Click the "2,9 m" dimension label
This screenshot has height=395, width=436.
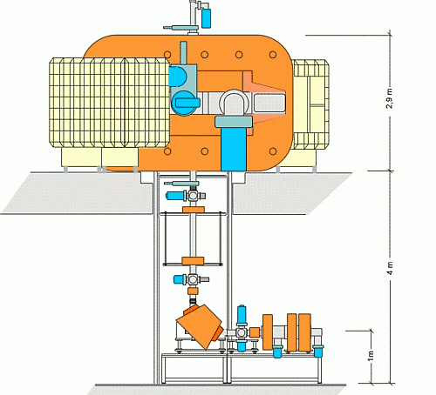point(390,98)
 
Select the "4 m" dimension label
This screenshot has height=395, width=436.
point(390,268)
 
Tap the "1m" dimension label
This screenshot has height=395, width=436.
point(371,356)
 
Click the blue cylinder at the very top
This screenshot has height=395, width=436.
point(206,18)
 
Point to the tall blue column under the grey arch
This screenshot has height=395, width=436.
point(234,149)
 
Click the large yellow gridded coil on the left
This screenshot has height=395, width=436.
point(109,103)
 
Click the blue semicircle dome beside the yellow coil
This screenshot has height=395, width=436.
point(178,77)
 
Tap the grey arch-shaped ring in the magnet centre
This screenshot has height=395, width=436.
point(234,102)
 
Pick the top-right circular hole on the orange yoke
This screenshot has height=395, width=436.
point(273,55)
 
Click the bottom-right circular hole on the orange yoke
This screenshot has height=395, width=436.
point(273,151)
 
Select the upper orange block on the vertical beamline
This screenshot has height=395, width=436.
point(194,210)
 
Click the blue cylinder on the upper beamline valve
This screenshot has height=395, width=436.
point(174,196)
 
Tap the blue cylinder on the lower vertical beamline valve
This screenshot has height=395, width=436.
point(180,279)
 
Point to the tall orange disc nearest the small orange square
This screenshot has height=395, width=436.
point(268,331)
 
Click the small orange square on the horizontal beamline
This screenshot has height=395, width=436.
point(255,332)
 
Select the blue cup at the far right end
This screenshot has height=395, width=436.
point(318,351)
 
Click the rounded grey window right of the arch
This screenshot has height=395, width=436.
point(269,103)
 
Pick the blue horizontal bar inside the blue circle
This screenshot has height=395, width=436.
point(187,103)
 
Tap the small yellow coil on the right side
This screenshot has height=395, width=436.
point(310,104)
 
